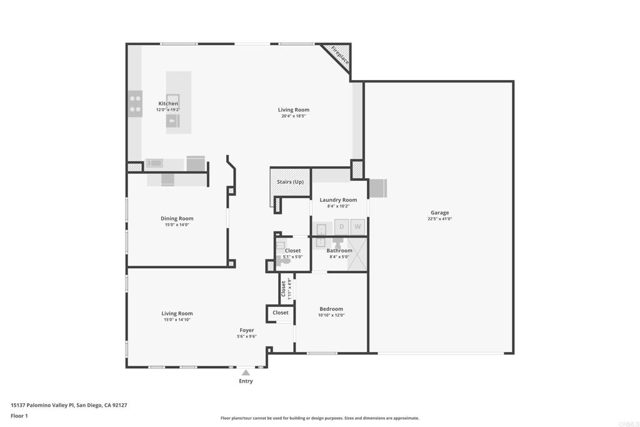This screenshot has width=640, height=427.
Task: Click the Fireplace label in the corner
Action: (x=339, y=56)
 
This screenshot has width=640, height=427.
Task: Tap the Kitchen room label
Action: (x=168, y=103)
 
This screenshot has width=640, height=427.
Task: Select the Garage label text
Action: (x=439, y=213)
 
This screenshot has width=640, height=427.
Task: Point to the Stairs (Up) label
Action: (x=290, y=182)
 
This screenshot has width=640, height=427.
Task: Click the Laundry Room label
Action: (x=338, y=199)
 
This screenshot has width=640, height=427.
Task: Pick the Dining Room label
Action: (x=177, y=218)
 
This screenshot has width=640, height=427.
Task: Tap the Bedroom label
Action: (x=331, y=309)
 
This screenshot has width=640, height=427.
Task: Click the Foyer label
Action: (x=246, y=330)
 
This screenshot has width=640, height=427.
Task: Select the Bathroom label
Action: (x=339, y=250)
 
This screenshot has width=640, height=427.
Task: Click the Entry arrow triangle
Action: (x=246, y=373)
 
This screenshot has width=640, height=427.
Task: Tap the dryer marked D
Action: (x=342, y=226)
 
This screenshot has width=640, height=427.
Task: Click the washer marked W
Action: (x=357, y=226)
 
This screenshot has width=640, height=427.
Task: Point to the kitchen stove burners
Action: (x=136, y=104)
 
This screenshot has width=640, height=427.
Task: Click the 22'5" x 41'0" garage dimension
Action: (x=439, y=219)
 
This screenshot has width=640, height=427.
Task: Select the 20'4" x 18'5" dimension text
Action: (x=294, y=116)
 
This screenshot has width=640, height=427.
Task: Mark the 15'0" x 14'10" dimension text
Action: (x=177, y=319)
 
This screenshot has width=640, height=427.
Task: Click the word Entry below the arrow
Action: (x=246, y=381)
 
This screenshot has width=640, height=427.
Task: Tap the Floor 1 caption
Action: (x=19, y=416)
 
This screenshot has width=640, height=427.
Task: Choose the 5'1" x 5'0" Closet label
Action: (x=292, y=253)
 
